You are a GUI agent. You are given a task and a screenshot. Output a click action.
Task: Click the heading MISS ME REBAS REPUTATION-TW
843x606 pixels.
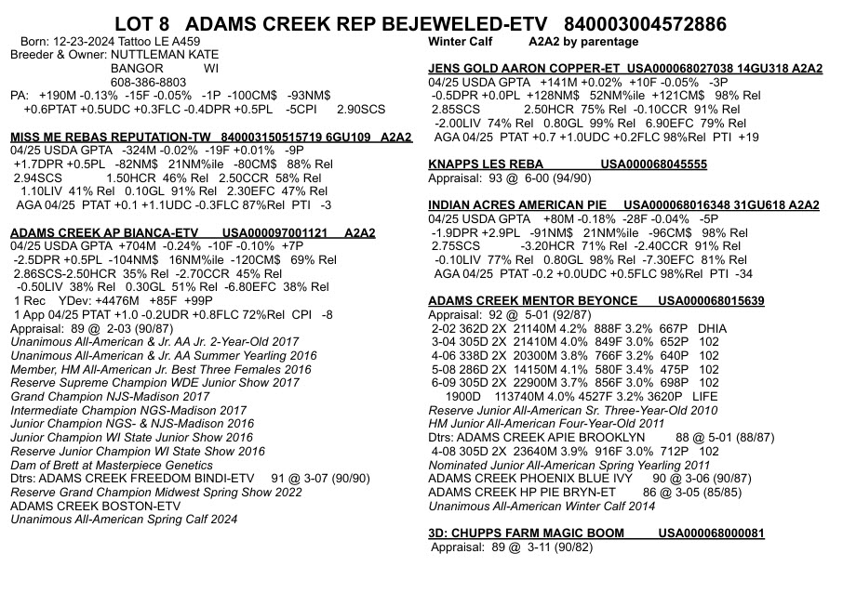tap(108, 138)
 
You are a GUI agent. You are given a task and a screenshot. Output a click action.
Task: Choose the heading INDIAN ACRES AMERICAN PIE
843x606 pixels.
tap(517, 205)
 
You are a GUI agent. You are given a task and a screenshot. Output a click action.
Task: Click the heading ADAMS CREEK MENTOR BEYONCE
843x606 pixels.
tap(533, 301)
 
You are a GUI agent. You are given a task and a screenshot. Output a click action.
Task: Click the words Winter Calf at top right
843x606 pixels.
tap(465, 42)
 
